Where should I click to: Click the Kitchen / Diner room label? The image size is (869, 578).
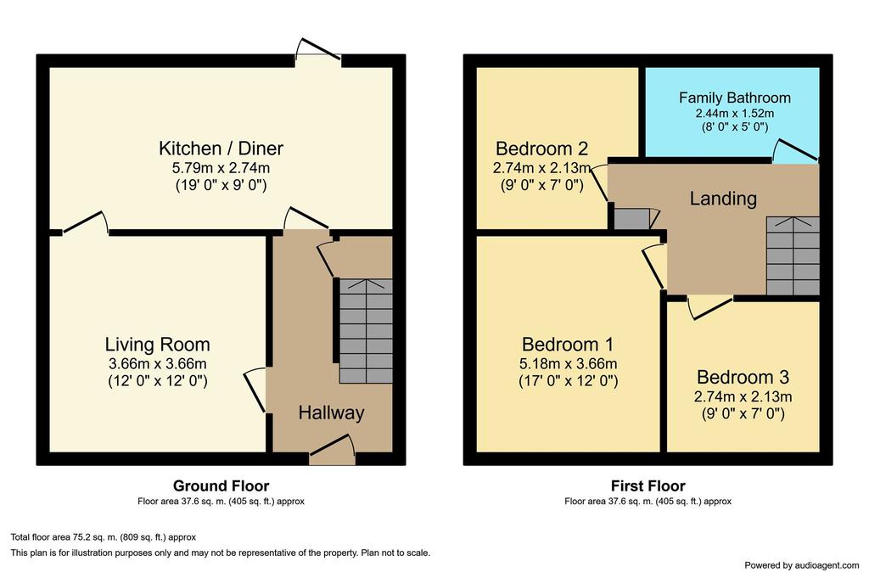[221, 149]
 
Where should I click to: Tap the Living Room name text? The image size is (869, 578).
[157, 345]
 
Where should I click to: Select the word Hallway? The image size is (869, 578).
[332, 412]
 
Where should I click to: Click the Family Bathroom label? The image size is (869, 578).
[734, 98]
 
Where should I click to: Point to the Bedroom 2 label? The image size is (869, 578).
[541, 149]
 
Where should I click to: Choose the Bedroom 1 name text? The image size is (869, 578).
[568, 345]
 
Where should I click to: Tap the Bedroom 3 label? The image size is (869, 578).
[743, 378]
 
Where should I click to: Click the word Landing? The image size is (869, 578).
[723, 199]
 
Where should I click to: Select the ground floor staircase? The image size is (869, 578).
[366, 331]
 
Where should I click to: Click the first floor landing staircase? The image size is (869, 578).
[793, 255]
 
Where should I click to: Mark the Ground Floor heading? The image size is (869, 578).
[221, 486]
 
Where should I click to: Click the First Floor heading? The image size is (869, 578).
[648, 486]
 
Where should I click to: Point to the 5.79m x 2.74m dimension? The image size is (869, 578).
[221, 167]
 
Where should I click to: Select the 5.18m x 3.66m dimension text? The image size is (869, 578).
[568, 364]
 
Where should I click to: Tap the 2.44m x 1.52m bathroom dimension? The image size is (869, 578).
[735, 113]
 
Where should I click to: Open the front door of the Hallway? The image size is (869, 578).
[332, 450]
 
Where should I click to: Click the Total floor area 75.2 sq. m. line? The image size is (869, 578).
[104, 537]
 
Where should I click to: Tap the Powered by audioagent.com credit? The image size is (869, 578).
[801, 565]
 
